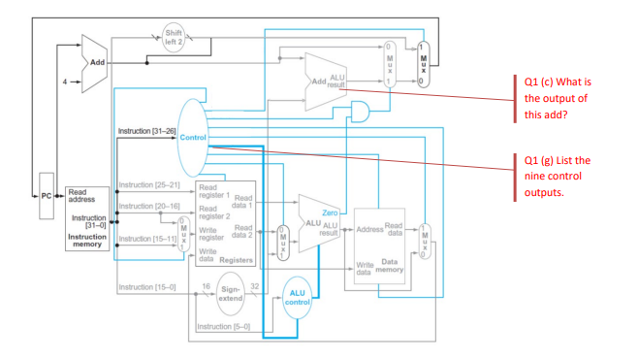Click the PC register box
pyautogui.click(x=45, y=206)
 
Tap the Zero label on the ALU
pyautogui.click(x=330, y=211)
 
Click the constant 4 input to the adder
pyautogui.click(x=66, y=81)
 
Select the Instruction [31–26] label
pyautogui.click(x=145, y=130)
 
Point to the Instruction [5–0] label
pyautogui.click(x=222, y=326)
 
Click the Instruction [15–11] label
pyautogui.click(x=146, y=237)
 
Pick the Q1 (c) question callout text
pyautogui.click(x=558, y=98)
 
